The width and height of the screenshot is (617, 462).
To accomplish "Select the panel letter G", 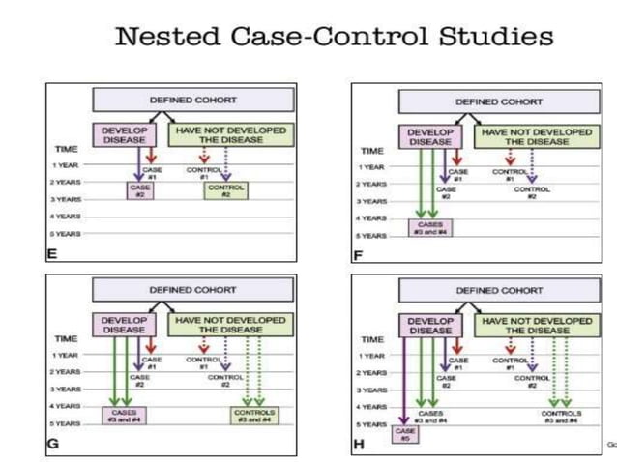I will coord(53,444).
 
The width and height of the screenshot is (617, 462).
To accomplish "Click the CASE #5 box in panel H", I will coord(405,434).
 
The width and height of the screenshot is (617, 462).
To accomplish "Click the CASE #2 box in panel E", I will coord(139,190).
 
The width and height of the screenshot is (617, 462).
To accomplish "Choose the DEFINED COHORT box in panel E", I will coord(192,100).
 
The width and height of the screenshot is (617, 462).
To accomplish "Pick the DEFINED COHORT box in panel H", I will coord(499,290).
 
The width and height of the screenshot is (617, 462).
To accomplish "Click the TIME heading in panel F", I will coord(372,151).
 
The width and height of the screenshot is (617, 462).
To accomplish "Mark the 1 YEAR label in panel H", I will coord(373,356).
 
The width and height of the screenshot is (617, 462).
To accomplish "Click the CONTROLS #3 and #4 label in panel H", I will coord(561,416).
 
